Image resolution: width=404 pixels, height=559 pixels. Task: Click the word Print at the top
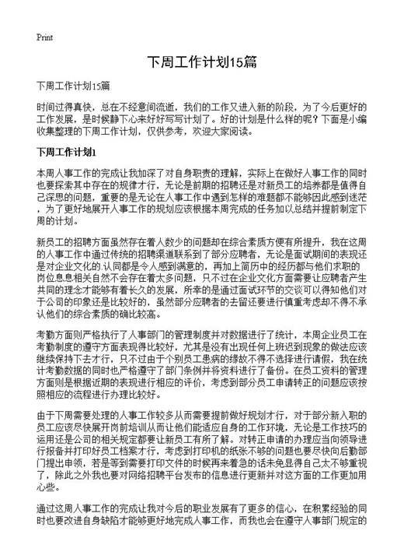44,37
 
